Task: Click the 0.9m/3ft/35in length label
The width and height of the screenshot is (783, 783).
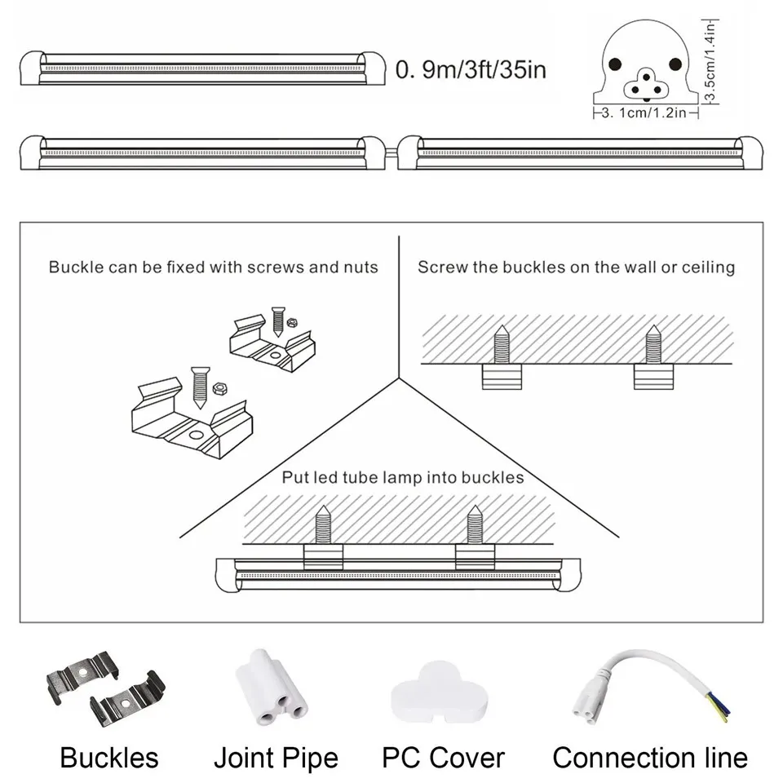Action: (x=471, y=69)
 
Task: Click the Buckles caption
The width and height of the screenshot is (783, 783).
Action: (x=108, y=758)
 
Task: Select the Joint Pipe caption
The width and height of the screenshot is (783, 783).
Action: (x=276, y=758)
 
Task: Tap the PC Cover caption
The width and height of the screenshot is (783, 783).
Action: (x=444, y=758)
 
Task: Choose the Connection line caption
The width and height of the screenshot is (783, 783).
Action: (x=650, y=758)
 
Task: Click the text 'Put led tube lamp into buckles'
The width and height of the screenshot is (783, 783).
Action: (x=403, y=477)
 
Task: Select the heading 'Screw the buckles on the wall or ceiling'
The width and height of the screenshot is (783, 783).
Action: (x=576, y=267)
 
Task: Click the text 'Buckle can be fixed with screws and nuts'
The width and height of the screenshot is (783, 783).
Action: (x=214, y=267)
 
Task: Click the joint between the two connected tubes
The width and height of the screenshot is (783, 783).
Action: (x=393, y=152)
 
